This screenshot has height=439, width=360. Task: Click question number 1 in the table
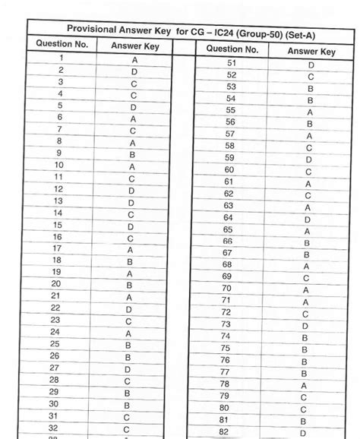click(61, 58)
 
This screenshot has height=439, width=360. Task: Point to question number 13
click(58, 201)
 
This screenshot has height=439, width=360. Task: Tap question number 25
click(55, 343)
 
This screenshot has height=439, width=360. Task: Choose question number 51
click(232, 64)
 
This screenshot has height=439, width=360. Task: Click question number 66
click(227, 241)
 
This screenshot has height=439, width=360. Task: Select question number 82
click(223, 431)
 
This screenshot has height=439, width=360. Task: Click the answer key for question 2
click(134, 71)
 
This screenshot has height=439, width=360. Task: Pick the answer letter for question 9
click(132, 153)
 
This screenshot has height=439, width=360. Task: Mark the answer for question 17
click(130, 248)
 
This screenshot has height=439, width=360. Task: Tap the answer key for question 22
click(129, 308)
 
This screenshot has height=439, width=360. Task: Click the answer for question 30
click(127, 405)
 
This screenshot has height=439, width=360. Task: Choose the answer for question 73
click(305, 324)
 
